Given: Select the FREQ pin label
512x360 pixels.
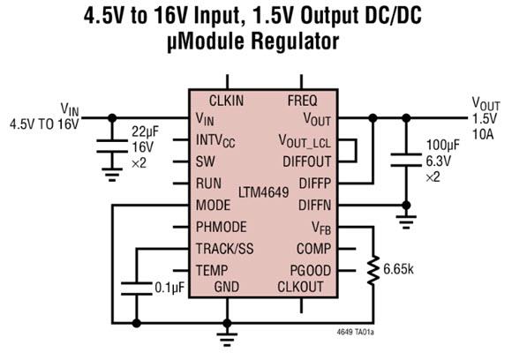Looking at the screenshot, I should click(302, 100).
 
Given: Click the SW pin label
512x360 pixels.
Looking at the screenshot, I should click(206, 162).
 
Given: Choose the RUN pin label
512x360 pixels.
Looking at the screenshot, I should click(210, 184).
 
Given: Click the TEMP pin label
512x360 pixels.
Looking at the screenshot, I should click(213, 269).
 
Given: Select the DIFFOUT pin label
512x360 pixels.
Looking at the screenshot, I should click(307, 162).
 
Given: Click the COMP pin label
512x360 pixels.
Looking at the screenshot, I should click(312, 248).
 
